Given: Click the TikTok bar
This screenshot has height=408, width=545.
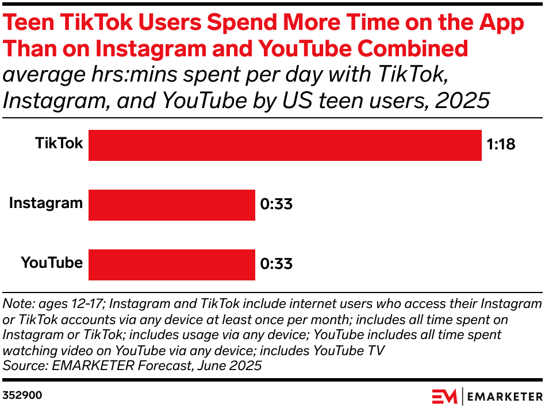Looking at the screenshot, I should [285, 145].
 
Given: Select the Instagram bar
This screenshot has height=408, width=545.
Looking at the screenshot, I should [171, 205].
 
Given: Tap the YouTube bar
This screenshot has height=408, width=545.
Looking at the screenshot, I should [171, 265].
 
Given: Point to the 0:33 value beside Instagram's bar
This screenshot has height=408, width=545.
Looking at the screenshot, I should [276, 205].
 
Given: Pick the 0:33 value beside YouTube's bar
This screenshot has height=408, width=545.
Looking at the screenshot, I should [276, 264].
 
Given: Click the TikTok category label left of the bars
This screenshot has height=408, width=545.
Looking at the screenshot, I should [59, 143].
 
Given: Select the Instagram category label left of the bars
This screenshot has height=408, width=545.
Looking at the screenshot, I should [46, 203].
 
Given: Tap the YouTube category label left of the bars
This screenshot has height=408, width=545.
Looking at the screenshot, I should [52, 263].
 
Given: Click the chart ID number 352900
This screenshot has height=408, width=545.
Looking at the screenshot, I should [22, 395].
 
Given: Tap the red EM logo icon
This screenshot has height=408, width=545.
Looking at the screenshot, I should [444, 396].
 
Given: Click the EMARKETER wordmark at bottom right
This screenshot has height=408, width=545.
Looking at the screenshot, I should [505, 396].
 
